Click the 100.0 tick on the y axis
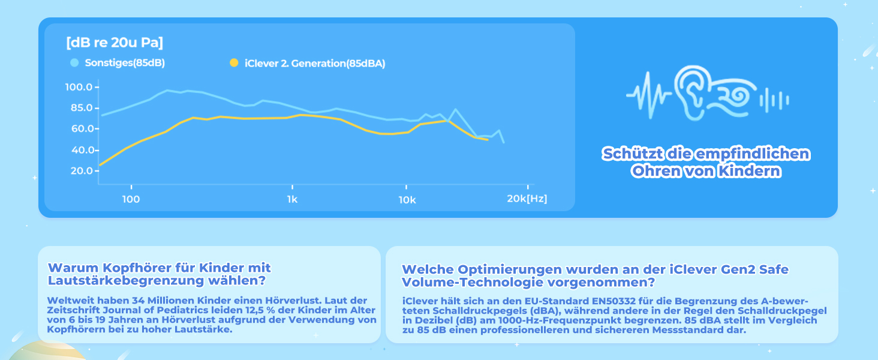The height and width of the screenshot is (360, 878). pyautogui.click(x=79, y=88)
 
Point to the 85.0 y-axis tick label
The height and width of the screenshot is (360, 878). pyautogui.click(x=79, y=108)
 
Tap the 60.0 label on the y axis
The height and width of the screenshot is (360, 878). pyautogui.click(x=79, y=129)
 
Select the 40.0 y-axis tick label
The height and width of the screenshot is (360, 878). pyautogui.click(x=79, y=150)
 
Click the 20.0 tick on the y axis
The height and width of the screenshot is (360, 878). pyautogui.click(x=79, y=171)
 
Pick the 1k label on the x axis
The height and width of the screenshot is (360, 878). pyautogui.click(x=291, y=199)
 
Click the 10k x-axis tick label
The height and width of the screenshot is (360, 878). pyautogui.click(x=407, y=199)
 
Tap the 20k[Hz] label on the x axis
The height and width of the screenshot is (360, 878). pyautogui.click(x=527, y=199)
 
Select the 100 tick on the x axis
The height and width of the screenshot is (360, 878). pyautogui.click(x=131, y=199)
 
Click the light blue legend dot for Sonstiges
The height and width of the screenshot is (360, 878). pyautogui.click(x=74, y=62)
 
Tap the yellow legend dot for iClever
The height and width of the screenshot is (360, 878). pyautogui.click(x=233, y=62)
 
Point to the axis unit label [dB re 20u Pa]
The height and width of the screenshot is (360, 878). pyautogui.click(x=115, y=43)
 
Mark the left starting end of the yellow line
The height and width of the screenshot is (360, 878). pyautogui.click(x=100, y=165)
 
